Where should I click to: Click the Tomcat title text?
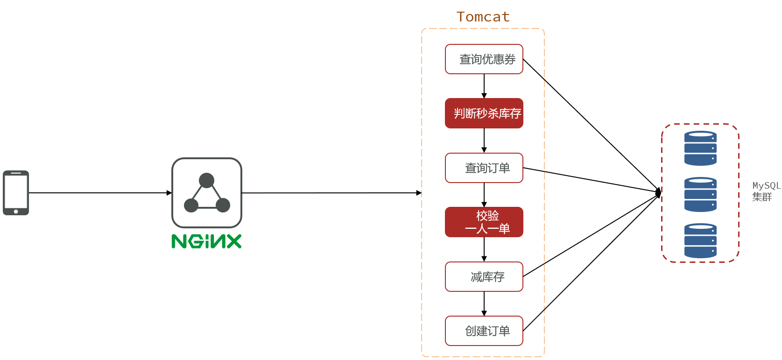pyautogui.click(x=483, y=17)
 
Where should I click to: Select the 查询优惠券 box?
pyautogui.click(x=484, y=59)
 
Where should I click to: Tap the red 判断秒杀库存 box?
pyautogui.click(x=484, y=113)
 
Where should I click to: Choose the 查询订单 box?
pyautogui.click(x=484, y=168)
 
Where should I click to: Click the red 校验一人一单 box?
pyautogui.click(x=484, y=222)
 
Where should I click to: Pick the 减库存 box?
pyautogui.click(x=484, y=277)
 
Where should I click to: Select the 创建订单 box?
pyautogui.click(x=484, y=331)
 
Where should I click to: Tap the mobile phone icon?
pyautogui.click(x=16, y=192)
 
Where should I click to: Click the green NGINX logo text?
pyautogui.click(x=206, y=241)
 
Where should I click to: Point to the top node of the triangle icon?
pyautogui.click(x=206, y=180)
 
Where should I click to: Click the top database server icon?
pyautogui.click(x=700, y=148)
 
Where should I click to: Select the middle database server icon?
pyautogui.click(x=700, y=194)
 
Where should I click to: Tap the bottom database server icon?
pyautogui.click(x=700, y=241)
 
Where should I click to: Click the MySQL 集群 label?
pyautogui.click(x=766, y=191)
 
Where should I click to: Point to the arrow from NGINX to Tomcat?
pyautogui.click(x=331, y=193)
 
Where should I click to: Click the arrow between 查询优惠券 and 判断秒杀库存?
pyautogui.click(x=484, y=86)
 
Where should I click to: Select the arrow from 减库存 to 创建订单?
pyautogui.click(x=484, y=304)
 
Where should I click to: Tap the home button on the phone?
pyautogui.click(x=16, y=212)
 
